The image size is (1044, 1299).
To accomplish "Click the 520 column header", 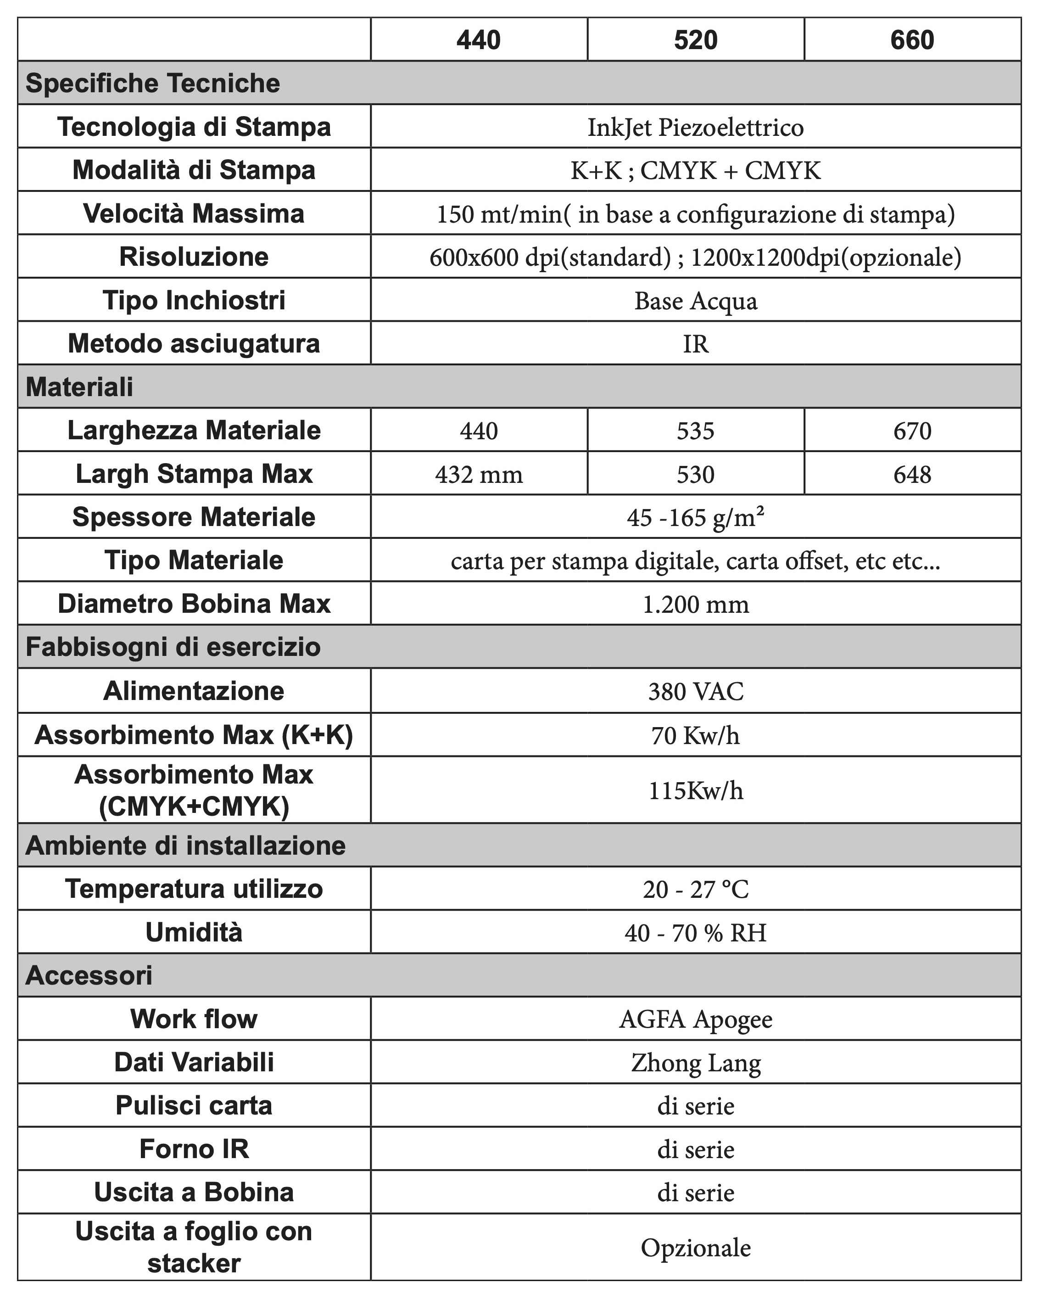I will click(x=695, y=40).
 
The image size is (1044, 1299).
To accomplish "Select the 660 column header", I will click(x=912, y=40).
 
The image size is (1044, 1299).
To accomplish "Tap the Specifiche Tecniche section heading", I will click(x=153, y=83).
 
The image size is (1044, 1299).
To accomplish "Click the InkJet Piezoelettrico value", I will click(x=695, y=127).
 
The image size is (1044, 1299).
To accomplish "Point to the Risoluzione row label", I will click(x=194, y=257).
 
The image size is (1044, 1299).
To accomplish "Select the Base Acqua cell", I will click(x=695, y=301).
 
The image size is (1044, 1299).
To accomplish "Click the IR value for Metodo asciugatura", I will click(x=695, y=344).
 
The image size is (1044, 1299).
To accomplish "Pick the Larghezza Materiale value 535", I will click(x=695, y=431).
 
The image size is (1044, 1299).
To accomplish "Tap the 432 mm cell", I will click(x=479, y=474).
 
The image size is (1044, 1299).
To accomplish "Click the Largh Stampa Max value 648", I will click(x=912, y=474).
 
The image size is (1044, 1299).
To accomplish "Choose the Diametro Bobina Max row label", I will click(x=194, y=604).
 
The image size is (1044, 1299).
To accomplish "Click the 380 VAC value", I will click(x=695, y=691).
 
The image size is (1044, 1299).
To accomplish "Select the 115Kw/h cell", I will click(x=695, y=790).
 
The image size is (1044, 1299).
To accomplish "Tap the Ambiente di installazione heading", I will click(x=185, y=845).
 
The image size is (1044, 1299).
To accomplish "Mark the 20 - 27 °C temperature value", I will click(x=695, y=889).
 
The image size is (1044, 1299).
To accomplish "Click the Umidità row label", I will click(x=194, y=933).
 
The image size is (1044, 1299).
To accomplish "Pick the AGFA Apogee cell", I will click(x=695, y=1019).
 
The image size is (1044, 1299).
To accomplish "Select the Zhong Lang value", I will click(x=695, y=1063).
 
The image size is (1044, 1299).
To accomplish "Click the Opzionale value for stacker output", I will click(x=695, y=1247).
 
